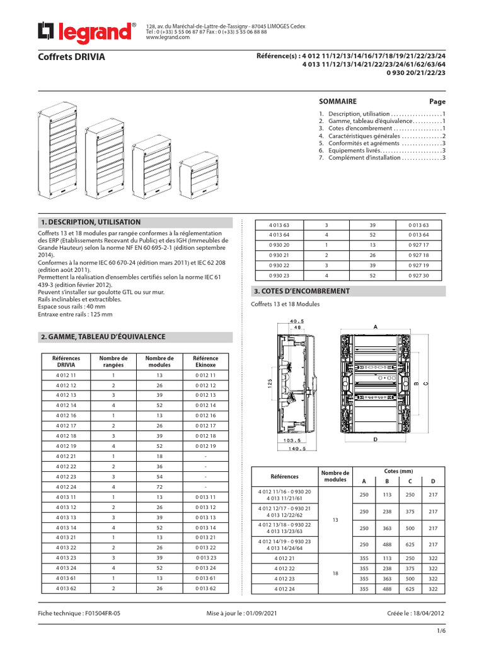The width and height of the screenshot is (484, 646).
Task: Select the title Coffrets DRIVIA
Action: [72, 57]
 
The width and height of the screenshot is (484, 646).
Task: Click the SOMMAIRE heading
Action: [338, 102]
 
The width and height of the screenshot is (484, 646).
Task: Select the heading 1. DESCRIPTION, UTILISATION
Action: [91, 222]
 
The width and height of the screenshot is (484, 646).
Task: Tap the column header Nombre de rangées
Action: [113, 361]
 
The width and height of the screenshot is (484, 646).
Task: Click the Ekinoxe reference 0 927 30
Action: [417, 276]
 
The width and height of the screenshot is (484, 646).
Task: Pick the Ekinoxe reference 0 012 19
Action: [205, 445]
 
